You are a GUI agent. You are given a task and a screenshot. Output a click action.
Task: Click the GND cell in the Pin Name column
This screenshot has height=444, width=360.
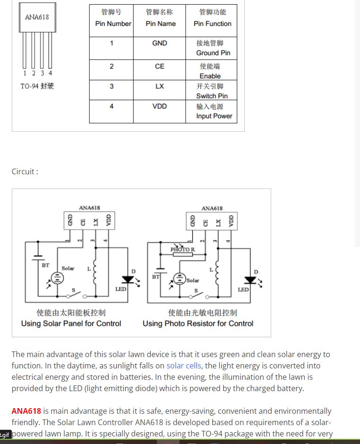click(159, 43)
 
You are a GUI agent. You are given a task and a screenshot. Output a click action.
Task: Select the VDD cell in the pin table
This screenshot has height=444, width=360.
click(159, 106)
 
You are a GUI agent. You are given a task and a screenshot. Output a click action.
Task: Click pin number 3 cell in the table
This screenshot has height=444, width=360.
click(111, 86)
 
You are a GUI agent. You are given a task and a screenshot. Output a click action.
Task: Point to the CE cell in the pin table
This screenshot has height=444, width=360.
click(159, 66)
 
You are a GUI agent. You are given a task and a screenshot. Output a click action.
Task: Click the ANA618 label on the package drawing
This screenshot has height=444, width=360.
click(37, 17)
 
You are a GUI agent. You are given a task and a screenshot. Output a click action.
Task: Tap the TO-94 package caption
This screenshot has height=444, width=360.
click(37, 86)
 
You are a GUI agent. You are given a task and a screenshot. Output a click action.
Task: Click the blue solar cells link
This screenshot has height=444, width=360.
click(184, 366)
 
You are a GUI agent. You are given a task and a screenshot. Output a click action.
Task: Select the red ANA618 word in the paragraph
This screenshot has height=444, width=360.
click(26, 411)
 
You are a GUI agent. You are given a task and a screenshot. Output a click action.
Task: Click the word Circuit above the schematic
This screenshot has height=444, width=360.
click(24, 171)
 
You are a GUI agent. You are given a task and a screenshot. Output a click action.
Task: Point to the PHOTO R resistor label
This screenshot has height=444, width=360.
click(183, 249)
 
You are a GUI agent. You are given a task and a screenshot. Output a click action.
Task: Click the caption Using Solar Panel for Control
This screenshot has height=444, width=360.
click(71, 324)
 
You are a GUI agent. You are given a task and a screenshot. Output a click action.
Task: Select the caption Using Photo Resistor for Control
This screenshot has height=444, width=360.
click(198, 324)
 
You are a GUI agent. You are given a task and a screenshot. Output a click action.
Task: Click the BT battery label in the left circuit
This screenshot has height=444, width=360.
click(45, 265)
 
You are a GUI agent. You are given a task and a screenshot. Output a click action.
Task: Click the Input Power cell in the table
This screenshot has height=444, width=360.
click(214, 116)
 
